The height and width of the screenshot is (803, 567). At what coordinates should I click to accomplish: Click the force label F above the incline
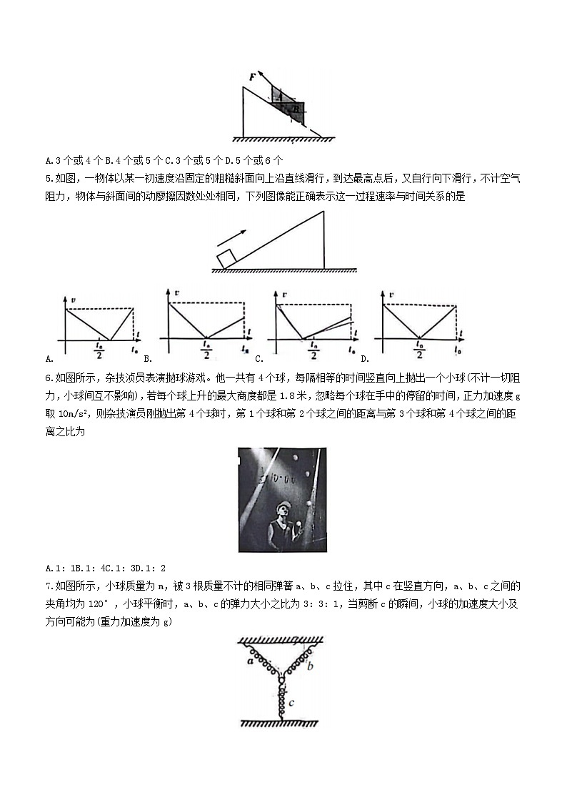point(252,75)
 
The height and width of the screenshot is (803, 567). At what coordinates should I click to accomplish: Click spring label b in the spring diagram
point(311,666)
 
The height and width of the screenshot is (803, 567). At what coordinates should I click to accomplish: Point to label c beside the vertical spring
point(291,703)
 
